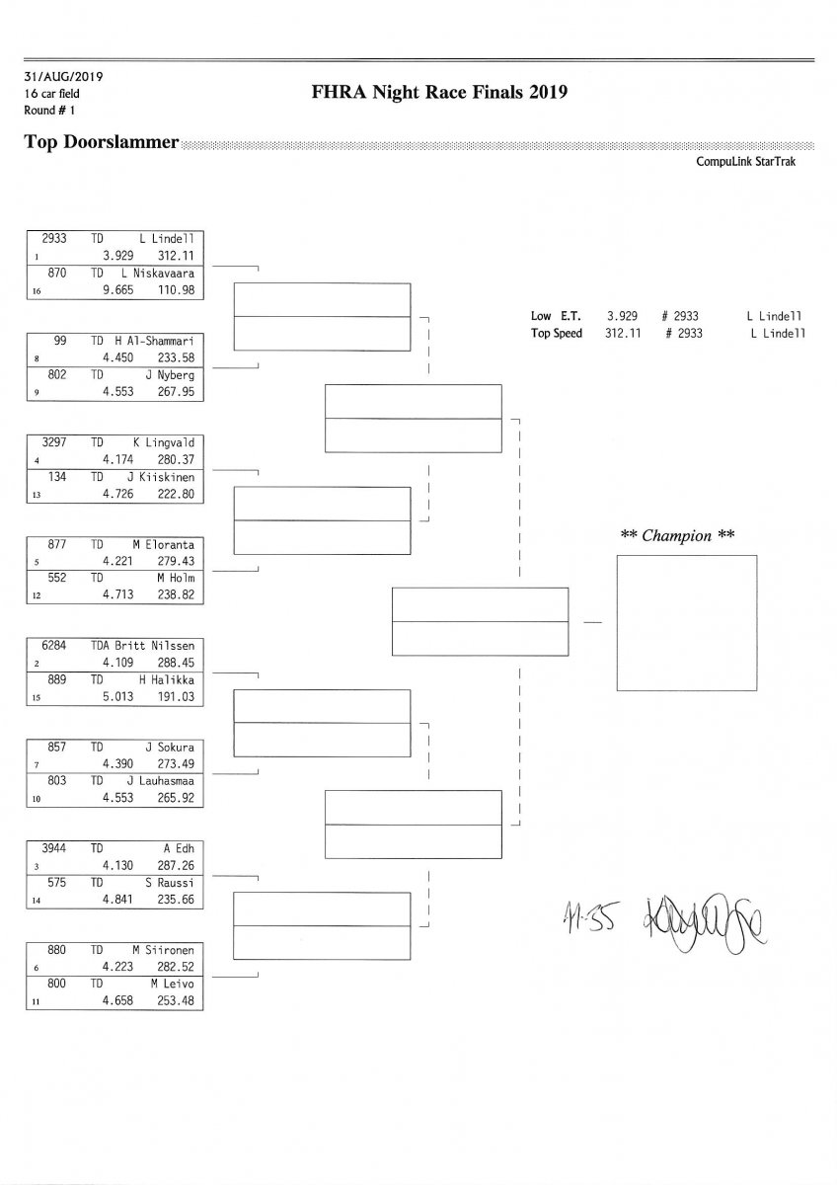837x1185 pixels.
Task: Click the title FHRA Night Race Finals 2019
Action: point(438,93)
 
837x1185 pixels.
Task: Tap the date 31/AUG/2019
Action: point(64,76)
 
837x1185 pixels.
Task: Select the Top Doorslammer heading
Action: point(101,142)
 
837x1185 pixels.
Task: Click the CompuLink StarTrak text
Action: point(745,162)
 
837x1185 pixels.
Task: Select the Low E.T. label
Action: point(557,316)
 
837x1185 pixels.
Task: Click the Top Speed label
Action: point(557,333)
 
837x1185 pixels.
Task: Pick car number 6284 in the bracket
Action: point(54,645)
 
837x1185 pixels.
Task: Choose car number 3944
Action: point(54,847)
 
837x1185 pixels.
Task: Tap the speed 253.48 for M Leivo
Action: point(175,1000)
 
